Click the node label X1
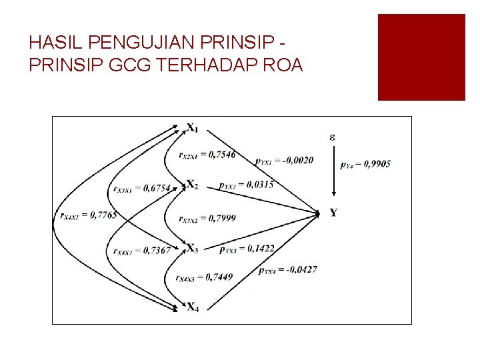pos(192,127)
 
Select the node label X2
pos(192,185)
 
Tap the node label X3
pos(192,249)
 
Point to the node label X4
pos(192,307)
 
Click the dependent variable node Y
pos(333,213)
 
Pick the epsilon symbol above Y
pos(332,137)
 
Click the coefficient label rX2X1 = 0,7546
pos(207,155)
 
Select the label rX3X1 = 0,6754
pos(142,188)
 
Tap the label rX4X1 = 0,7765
pos(88,215)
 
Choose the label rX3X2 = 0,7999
pos(207,218)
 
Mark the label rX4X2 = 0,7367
pos(142,251)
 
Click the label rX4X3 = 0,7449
pos(204,277)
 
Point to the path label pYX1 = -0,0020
pos(284,160)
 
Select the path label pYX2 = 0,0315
pos(246,185)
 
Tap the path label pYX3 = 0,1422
pos(246,249)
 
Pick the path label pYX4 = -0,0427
pos(288,269)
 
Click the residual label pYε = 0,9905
pos(365,163)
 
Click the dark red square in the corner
pos(421,57)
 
